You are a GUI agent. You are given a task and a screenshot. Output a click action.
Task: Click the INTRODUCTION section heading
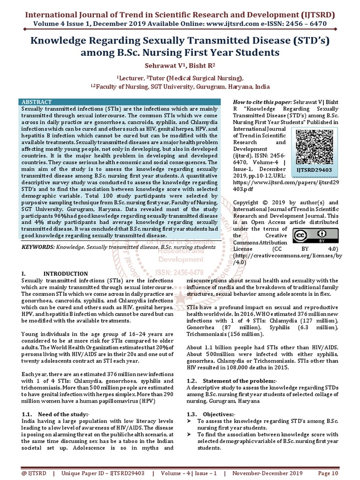click(65, 274)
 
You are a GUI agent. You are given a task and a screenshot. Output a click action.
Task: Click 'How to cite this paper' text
click(262, 102)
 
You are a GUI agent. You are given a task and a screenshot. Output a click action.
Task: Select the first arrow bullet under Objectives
click(189, 421)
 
